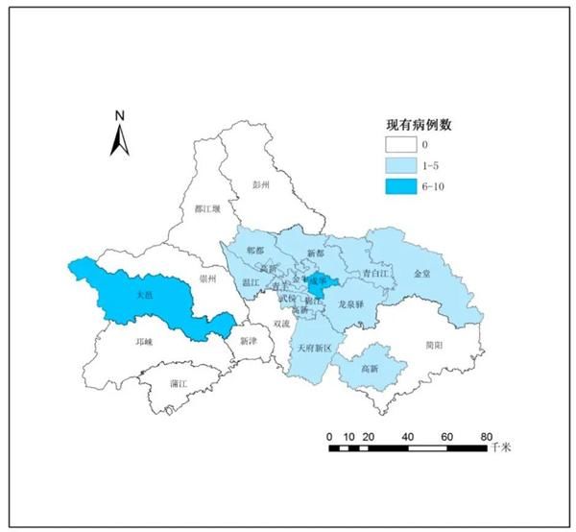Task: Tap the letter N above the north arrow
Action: (x=119, y=115)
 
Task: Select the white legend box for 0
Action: (x=399, y=145)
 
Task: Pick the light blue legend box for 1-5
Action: (x=399, y=165)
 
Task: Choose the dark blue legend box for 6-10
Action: (x=399, y=185)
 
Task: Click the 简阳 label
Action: (x=435, y=345)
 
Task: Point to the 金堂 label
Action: (x=422, y=274)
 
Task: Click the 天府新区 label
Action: (x=314, y=347)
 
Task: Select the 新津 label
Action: (x=249, y=341)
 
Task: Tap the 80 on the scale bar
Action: (x=486, y=437)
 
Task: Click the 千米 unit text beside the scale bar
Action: (x=501, y=448)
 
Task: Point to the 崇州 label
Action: (x=207, y=278)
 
